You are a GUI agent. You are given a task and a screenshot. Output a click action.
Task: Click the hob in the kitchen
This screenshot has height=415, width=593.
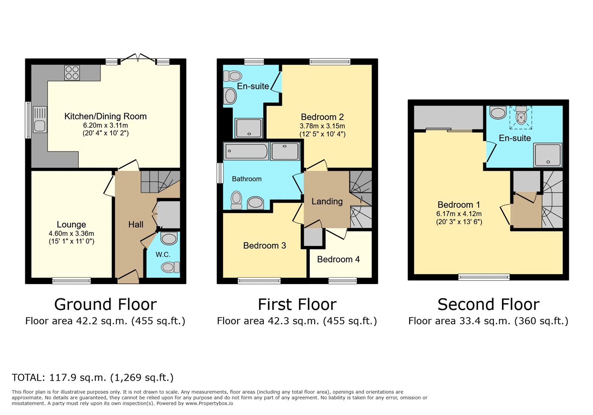click(72, 72)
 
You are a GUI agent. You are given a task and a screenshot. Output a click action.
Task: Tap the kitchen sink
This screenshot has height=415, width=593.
click(40, 119)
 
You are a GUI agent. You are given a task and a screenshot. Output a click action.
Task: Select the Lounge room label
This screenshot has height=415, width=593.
click(72, 225)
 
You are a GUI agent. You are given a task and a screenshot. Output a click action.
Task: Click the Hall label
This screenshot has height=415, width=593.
click(136, 225)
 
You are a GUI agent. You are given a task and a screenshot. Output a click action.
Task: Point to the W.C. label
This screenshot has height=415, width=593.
click(163, 255)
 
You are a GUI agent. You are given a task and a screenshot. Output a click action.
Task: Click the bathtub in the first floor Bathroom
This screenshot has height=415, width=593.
click(246, 151)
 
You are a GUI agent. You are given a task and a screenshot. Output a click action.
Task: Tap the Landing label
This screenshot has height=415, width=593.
click(327, 201)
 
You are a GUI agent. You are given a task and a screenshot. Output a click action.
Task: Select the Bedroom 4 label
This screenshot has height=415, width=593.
click(338, 259)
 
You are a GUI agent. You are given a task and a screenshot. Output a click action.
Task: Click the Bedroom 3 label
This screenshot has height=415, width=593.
click(264, 246)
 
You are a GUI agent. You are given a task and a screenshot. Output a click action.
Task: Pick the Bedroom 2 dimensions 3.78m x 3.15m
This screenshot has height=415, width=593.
click(322, 126)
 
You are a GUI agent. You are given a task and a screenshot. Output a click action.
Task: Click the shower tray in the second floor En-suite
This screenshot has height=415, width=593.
click(547, 155)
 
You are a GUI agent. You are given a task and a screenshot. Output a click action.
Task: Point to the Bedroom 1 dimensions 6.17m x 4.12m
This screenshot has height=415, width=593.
click(459, 214)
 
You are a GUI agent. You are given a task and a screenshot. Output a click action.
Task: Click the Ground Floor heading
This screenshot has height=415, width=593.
click(105, 304)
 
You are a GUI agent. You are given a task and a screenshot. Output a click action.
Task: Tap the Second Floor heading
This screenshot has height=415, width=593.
click(488, 304)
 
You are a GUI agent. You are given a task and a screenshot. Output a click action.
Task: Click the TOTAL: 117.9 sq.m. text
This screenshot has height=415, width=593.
click(59, 378)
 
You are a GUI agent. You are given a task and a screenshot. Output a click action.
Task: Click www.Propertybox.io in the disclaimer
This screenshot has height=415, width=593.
click(209, 404)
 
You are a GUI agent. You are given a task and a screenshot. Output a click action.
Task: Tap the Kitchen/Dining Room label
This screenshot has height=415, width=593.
click(105, 116)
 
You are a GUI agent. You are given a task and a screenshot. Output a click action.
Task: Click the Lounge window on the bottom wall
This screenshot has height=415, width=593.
click(72, 281)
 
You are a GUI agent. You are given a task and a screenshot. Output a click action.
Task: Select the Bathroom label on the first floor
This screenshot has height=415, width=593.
click(247, 179)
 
